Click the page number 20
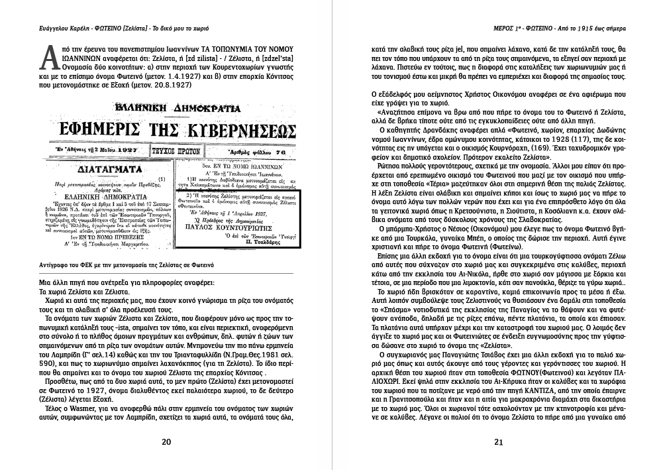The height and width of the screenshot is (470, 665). click(x=166, y=443)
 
